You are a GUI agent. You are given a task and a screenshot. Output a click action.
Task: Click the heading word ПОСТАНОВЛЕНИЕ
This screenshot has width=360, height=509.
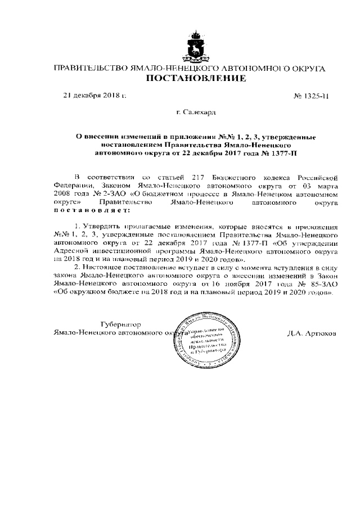(x=196, y=79)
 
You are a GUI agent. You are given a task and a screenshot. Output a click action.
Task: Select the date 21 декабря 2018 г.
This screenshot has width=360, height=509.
(x=94, y=96)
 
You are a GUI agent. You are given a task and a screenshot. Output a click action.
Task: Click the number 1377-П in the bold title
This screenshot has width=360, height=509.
(x=288, y=152)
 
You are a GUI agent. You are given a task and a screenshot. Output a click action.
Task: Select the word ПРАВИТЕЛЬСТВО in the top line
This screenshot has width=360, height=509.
(x=89, y=69)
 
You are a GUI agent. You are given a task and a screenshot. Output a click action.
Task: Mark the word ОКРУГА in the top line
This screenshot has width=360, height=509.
(x=309, y=69)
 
